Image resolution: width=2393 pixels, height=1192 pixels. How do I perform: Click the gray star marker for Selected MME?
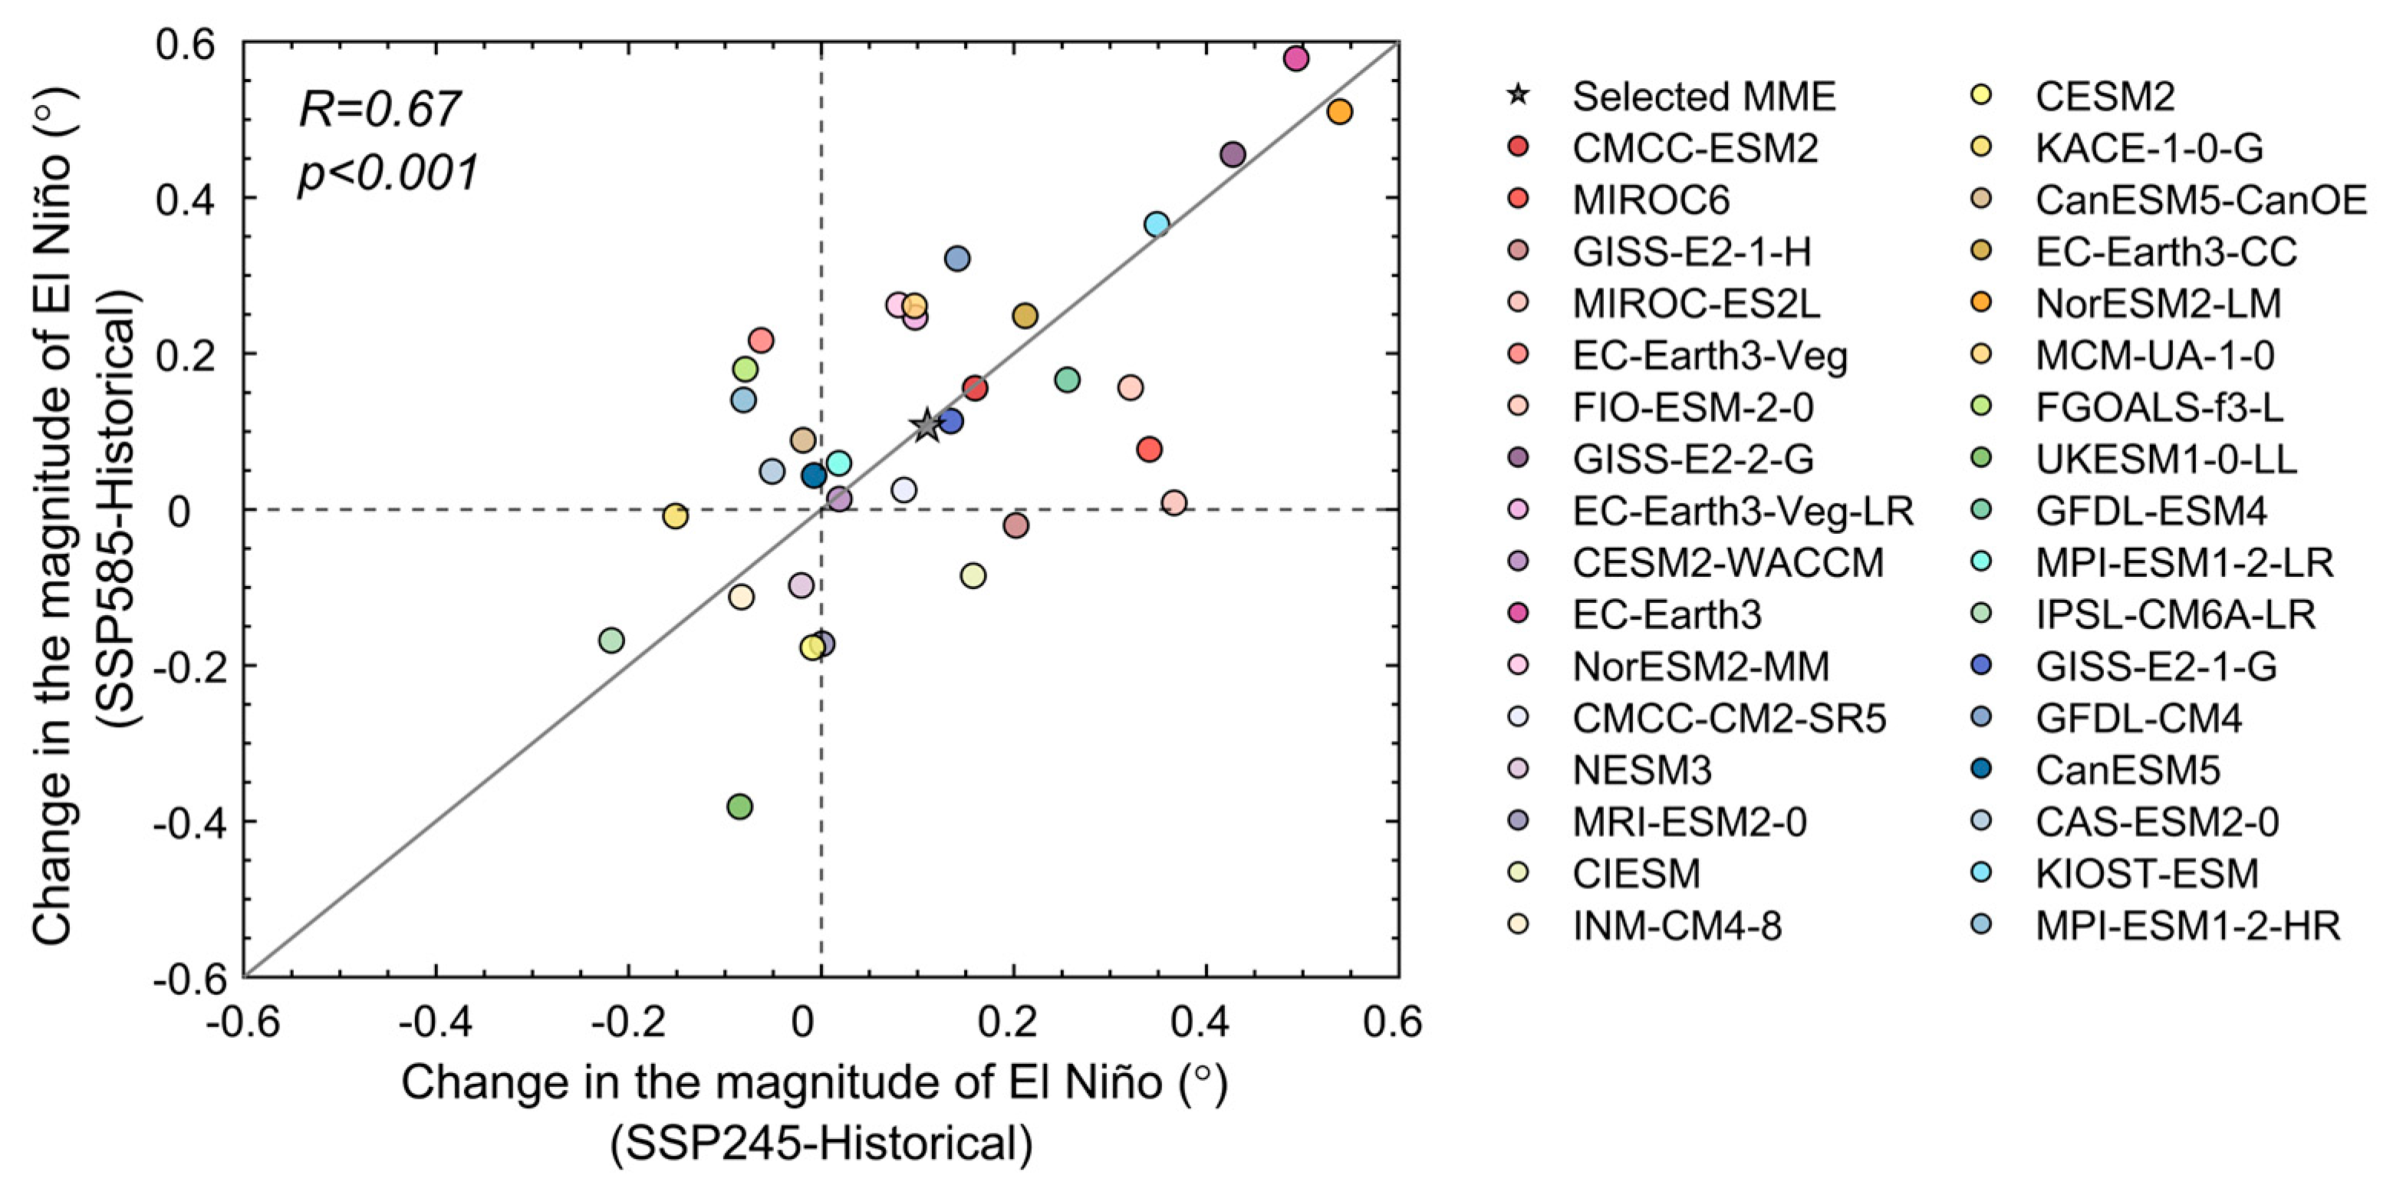pyautogui.click(x=927, y=426)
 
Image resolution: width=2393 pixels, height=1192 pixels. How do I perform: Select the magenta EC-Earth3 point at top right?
pyautogui.click(x=1296, y=58)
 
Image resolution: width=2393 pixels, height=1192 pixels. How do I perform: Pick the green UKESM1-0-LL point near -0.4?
pyautogui.click(x=739, y=806)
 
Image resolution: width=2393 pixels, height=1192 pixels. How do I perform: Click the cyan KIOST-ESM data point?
pyautogui.click(x=1157, y=224)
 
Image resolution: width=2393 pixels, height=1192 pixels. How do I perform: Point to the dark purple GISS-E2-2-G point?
pyautogui.click(x=1232, y=154)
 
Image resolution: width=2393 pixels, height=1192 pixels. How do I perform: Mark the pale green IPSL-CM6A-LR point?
pyautogui.click(x=611, y=640)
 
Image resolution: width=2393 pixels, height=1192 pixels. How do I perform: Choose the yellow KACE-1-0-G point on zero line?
pyautogui.click(x=676, y=515)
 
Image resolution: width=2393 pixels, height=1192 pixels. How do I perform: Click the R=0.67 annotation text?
pyautogui.click(x=379, y=110)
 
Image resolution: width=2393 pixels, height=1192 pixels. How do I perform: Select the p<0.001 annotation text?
pyautogui.click(x=388, y=173)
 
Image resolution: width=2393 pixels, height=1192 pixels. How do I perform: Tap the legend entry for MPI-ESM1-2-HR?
pyautogui.click(x=2187, y=925)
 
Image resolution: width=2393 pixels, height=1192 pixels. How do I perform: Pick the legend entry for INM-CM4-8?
pyautogui.click(x=1676, y=925)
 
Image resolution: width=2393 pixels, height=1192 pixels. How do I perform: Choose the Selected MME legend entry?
pyautogui.click(x=1703, y=97)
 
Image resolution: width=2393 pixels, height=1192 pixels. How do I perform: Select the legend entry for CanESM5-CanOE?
pyautogui.click(x=2200, y=199)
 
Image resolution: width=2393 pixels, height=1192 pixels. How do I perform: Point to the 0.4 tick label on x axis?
pyautogui.click(x=1200, y=1022)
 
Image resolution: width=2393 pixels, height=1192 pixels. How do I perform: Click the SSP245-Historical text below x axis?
pyautogui.click(x=821, y=1143)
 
